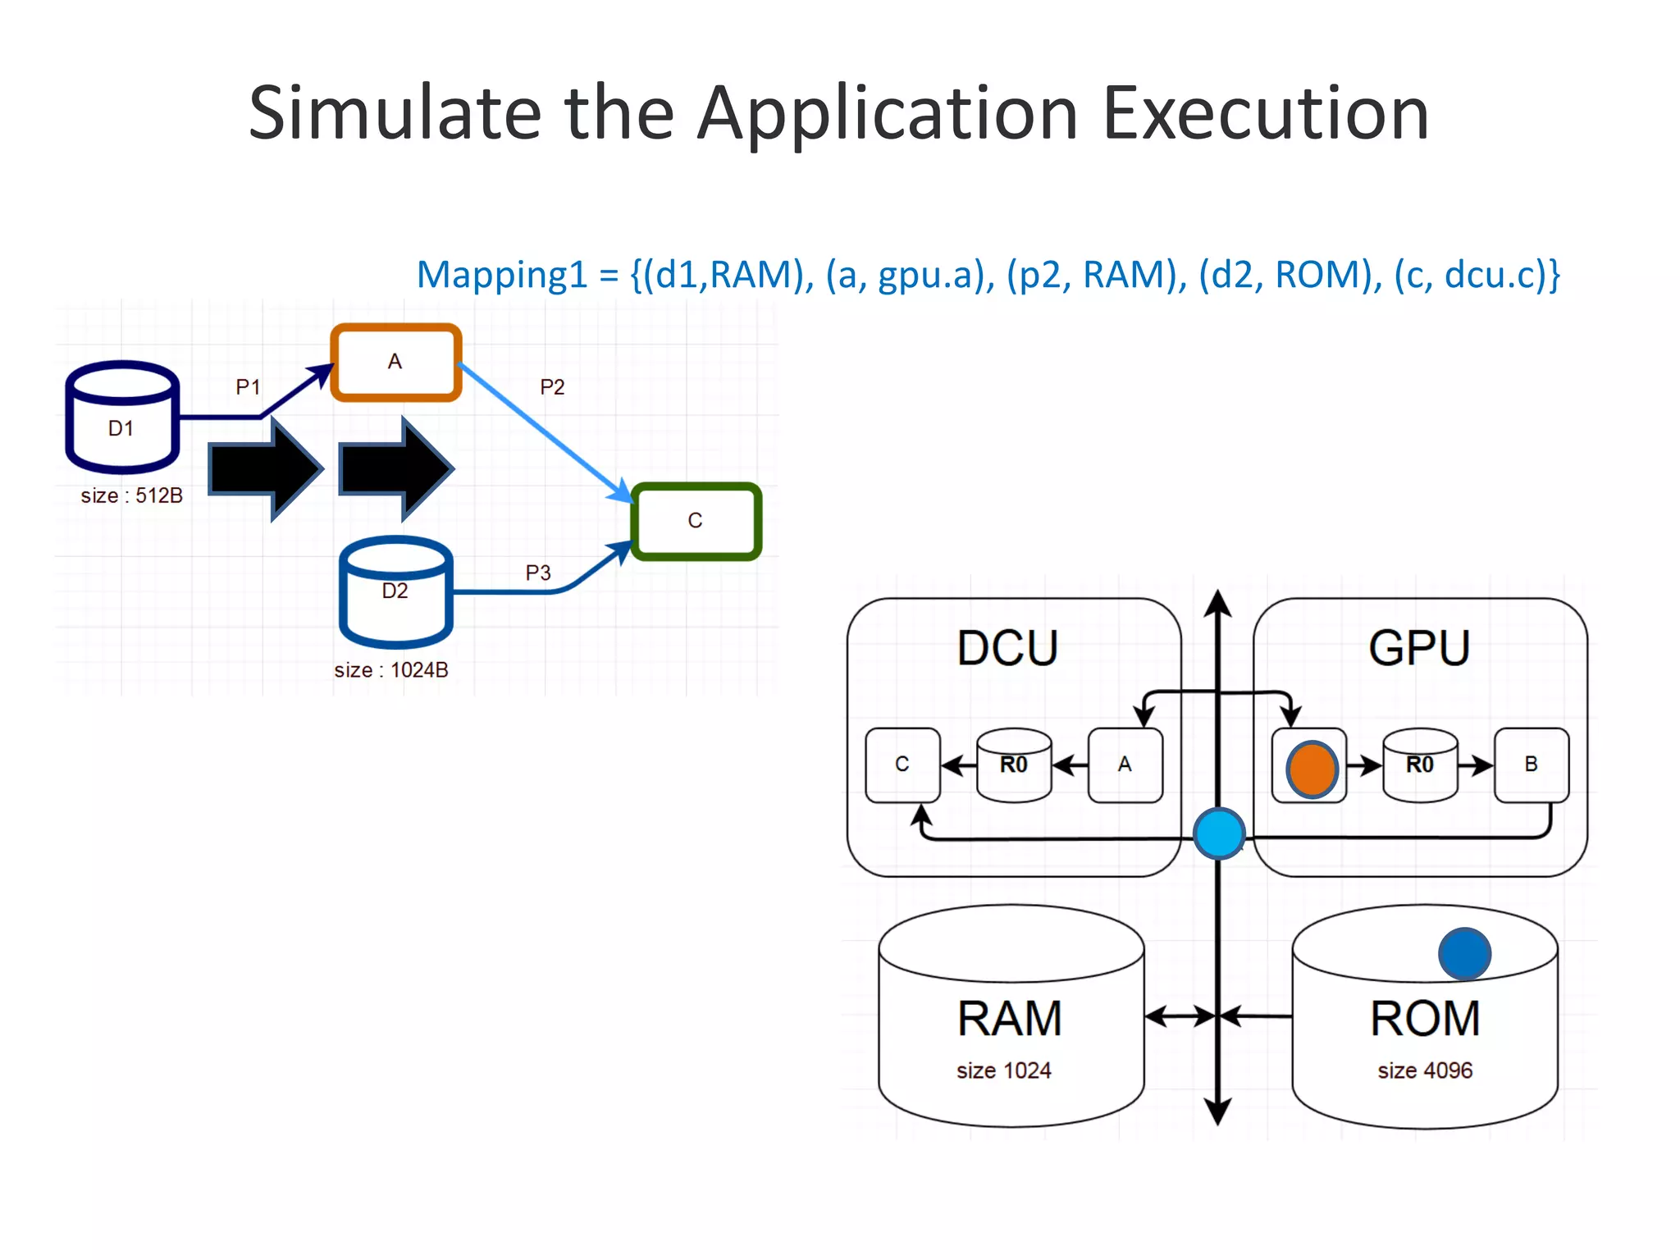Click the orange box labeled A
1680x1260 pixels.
pyautogui.click(x=395, y=362)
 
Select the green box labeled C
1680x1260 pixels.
pyautogui.click(x=696, y=521)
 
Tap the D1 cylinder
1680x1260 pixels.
pyautogui.click(x=122, y=418)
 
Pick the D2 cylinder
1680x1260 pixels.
pyautogui.click(x=395, y=592)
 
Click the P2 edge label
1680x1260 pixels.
pyautogui.click(x=552, y=387)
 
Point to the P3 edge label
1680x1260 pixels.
pyautogui.click(x=538, y=573)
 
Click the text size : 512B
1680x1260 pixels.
pyautogui.click(x=131, y=495)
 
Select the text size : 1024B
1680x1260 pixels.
pyautogui.click(x=390, y=670)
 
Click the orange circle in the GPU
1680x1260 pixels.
pyautogui.click(x=1312, y=769)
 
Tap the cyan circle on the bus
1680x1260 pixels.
pyautogui.click(x=1219, y=833)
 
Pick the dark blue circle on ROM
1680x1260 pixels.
pyautogui.click(x=1464, y=953)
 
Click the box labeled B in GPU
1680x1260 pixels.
pyautogui.click(x=1531, y=765)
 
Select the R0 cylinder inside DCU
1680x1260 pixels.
pyautogui.click(x=1014, y=765)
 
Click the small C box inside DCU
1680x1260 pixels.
pyautogui.click(x=902, y=765)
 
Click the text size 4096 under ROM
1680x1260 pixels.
pyautogui.click(x=1425, y=1071)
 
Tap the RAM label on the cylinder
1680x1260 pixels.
pyautogui.click(x=1010, y=1019)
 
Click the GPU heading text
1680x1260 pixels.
pyautogui.click(x=1419, y=648)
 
